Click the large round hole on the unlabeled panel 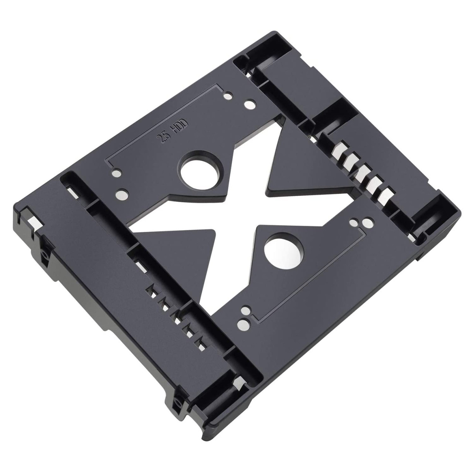click(x=282, y=252)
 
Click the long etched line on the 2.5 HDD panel click(x=163, y=122)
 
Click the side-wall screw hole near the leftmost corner click(x=45, y=255)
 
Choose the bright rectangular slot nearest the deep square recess click(x=338, y=149)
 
